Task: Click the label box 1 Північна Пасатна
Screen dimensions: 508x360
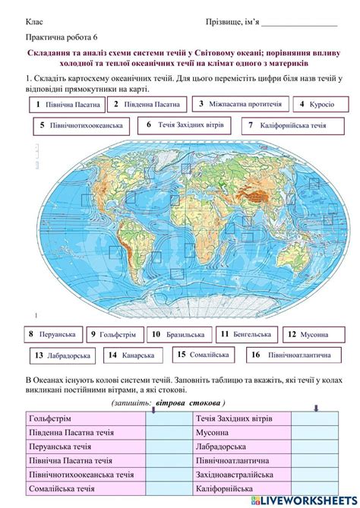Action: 65,104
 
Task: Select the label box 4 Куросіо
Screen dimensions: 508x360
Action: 313,104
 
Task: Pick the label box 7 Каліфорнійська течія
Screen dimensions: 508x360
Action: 286,125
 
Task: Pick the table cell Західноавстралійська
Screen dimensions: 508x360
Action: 243,475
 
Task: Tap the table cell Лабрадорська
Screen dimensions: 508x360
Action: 243,446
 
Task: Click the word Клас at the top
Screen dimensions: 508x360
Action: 33,22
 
